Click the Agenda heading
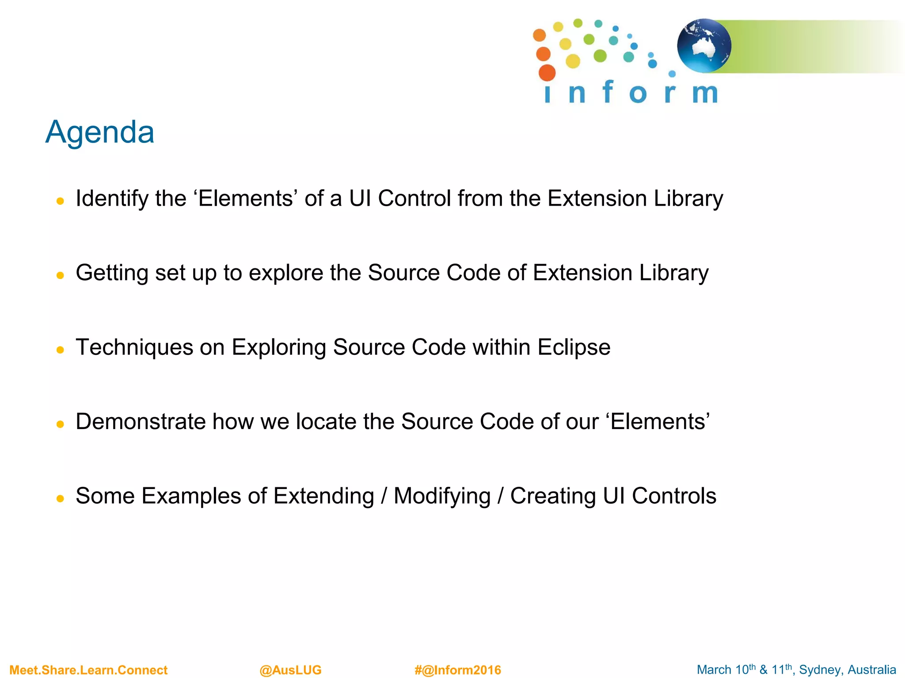tap(100, 132)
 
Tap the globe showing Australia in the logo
tap(704, 45)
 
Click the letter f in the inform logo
tap(608, 92)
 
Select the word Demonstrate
tap(141, 422)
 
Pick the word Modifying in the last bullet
tap(442, 496)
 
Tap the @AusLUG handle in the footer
tap(290, 670)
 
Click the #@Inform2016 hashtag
tap(458, 670)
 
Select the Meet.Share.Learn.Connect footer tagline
tap(88, 670)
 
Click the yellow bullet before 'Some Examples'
tap(61, 499)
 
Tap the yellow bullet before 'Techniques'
tap(61, 350)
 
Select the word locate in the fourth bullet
tap(326, 422)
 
